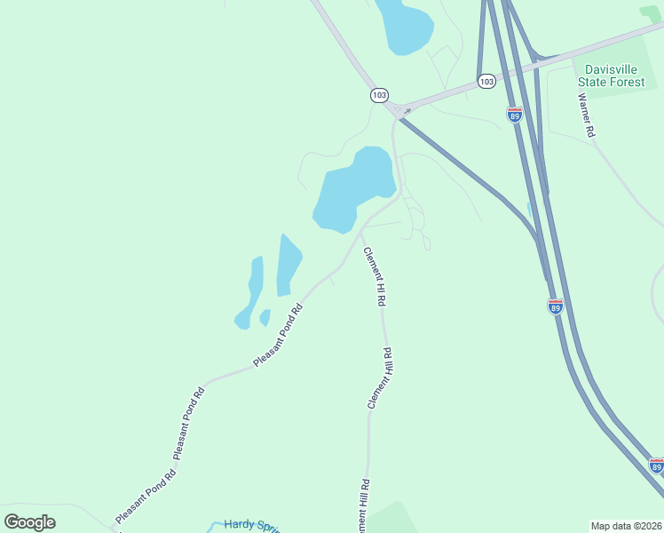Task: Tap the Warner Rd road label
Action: tap(588, 115)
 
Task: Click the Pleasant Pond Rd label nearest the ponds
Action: tap(279, 336)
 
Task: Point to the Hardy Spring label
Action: tap(252, 525)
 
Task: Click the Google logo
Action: tap(29, 521)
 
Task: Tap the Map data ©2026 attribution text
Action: tap(627, 526)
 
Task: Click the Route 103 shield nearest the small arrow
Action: tap(379, 94)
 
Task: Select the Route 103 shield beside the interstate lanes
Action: tap(486, 81)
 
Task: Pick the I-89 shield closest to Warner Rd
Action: tap(515, 114)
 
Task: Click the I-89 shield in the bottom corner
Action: tap(656, 465)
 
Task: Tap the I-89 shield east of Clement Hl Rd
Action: tap(555, 306)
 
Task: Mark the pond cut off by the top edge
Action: tap(405, 22)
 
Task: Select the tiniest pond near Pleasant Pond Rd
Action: tap(265, 317)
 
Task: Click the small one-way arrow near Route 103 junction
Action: tap(407, 111)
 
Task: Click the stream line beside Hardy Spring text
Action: tap(213, 526)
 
